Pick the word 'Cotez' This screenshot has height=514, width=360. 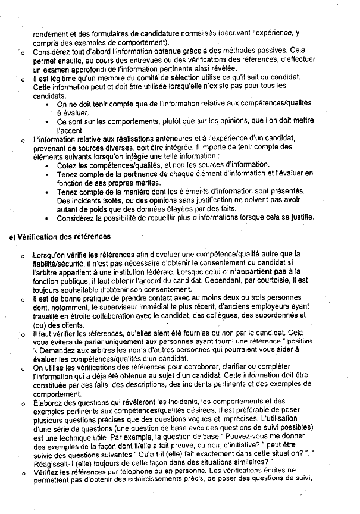(x=67, y=165)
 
